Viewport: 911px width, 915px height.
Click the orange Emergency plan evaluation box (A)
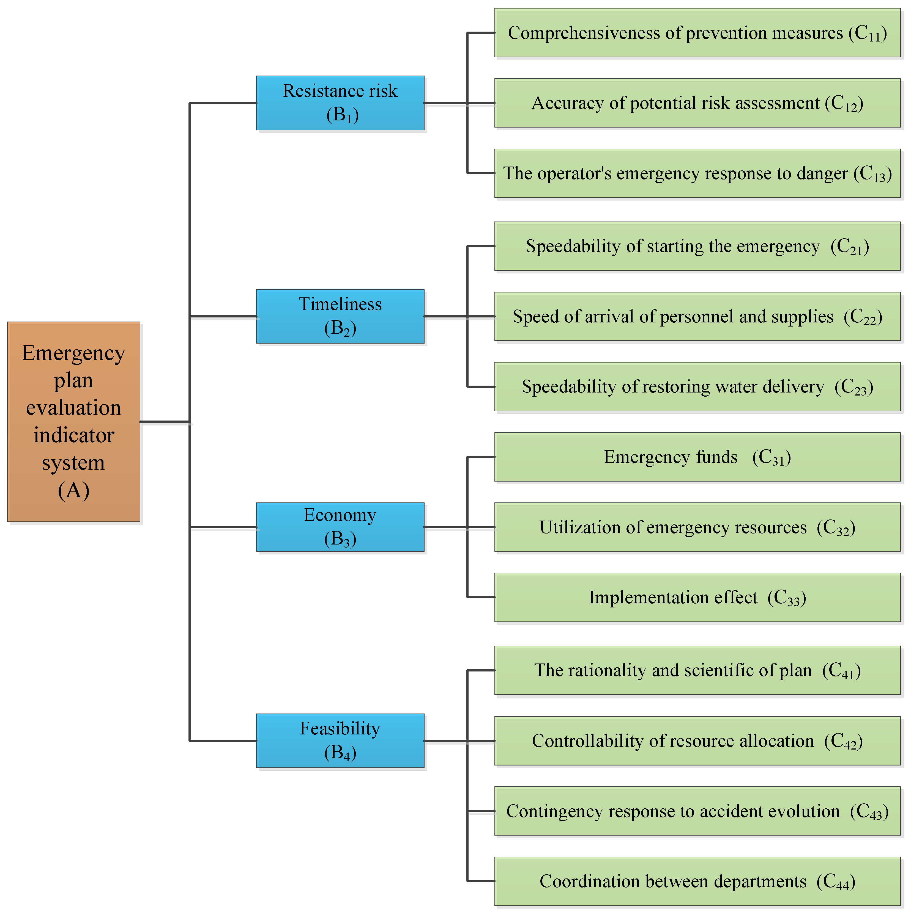click(73, 422)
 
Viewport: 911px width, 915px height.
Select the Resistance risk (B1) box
click(340, 103)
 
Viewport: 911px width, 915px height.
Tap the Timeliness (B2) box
click(340, 316)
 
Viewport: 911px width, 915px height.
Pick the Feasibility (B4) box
click(340, 740)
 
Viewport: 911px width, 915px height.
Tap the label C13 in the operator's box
click(872, 174)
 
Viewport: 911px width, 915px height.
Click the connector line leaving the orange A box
click(165, 422)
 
